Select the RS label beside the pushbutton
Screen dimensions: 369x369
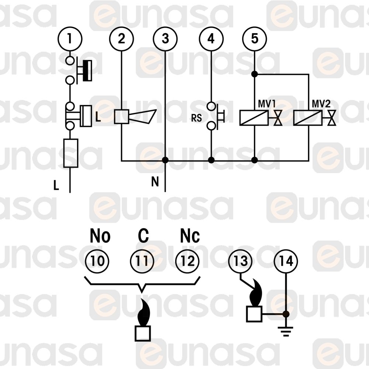point(197,118)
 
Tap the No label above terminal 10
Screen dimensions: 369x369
point(100,237)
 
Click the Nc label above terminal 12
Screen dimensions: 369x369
point(190,237)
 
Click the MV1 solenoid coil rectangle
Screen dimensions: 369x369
point(254,118)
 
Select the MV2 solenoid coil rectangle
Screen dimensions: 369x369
point(308,118)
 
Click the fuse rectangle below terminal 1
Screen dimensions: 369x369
point(70,153)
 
